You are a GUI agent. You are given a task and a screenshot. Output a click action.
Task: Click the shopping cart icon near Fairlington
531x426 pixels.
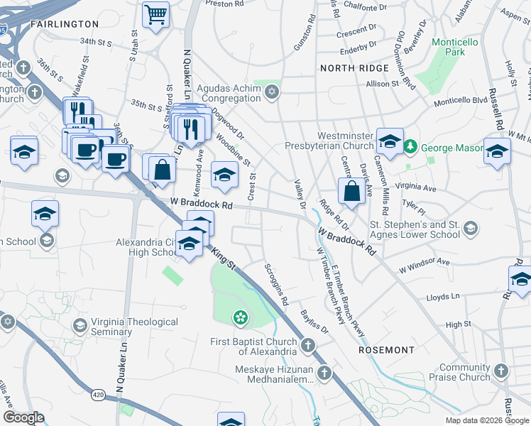[x=155, y=14]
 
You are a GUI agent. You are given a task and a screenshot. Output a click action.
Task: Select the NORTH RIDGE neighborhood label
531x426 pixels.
[x=354, y=68]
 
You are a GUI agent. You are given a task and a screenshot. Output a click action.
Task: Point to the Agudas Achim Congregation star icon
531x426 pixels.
[x=271, y=92]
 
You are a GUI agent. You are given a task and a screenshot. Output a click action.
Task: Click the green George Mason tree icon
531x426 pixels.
[x=410, y=148]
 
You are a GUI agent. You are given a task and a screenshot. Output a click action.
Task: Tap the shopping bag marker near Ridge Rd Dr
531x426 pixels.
[x=352, y=191]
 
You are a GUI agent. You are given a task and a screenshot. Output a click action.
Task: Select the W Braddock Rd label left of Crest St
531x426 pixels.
[x=202, y=203]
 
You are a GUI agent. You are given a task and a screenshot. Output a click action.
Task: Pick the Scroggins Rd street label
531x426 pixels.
[x=276, y=286]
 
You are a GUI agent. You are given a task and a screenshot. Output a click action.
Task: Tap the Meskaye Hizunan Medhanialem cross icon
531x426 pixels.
[x=324, y=373]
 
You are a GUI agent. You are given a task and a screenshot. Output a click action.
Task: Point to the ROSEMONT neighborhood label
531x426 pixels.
[x=386, y=350]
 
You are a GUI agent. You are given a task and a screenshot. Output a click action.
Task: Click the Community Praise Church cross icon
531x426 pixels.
[x=501, y=371]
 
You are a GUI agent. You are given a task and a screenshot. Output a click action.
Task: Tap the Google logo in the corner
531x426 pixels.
[x=24, y=417]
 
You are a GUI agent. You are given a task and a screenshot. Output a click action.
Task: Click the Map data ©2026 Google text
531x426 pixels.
[x=486, y=420]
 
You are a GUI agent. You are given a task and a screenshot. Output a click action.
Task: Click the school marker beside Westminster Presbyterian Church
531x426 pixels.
[x=390, y=141]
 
